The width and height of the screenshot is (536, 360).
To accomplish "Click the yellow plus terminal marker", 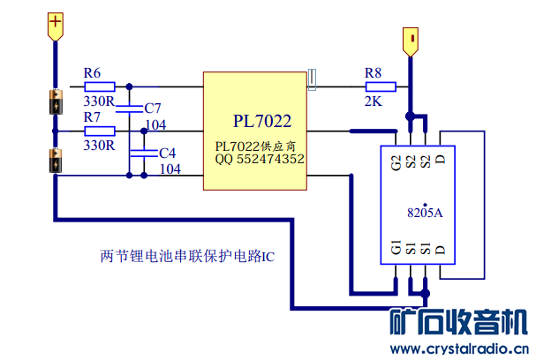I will pyautogui.click(x=55, y=24).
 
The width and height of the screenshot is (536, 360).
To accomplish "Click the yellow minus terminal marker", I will pyautogui.click(x=410, y=41).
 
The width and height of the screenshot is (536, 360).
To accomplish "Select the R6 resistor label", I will pyautogui.click(x=92, y=71).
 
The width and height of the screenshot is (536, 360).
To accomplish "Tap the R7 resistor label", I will pyautogui.click(x=92, y=116).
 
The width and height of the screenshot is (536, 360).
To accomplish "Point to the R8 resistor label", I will pyautogui.click(x=374, y=71).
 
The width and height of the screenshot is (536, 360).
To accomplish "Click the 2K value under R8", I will pyautogui.click(x=373, y=101).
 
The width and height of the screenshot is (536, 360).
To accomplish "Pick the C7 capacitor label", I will pyautogui.click(x=153, y=108).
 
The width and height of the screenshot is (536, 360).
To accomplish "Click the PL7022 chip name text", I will pyautogui.click(x=262, y=120).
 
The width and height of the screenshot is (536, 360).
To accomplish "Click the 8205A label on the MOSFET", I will pyautogui.click(x=425, y=213).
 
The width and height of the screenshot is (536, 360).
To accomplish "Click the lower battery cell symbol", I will pyautogui.click(x=55, y=162).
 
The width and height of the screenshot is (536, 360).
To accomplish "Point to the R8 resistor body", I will pyautogui.click(x=381, y=86).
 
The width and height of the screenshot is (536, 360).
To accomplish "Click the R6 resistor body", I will pyautogui.click(x=99, y=86).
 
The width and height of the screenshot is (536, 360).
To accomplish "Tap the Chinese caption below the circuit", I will pyautogui.click(x=188, y=258).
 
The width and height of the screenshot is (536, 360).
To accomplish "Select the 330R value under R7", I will pyautogui.click(x=99, y=146).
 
